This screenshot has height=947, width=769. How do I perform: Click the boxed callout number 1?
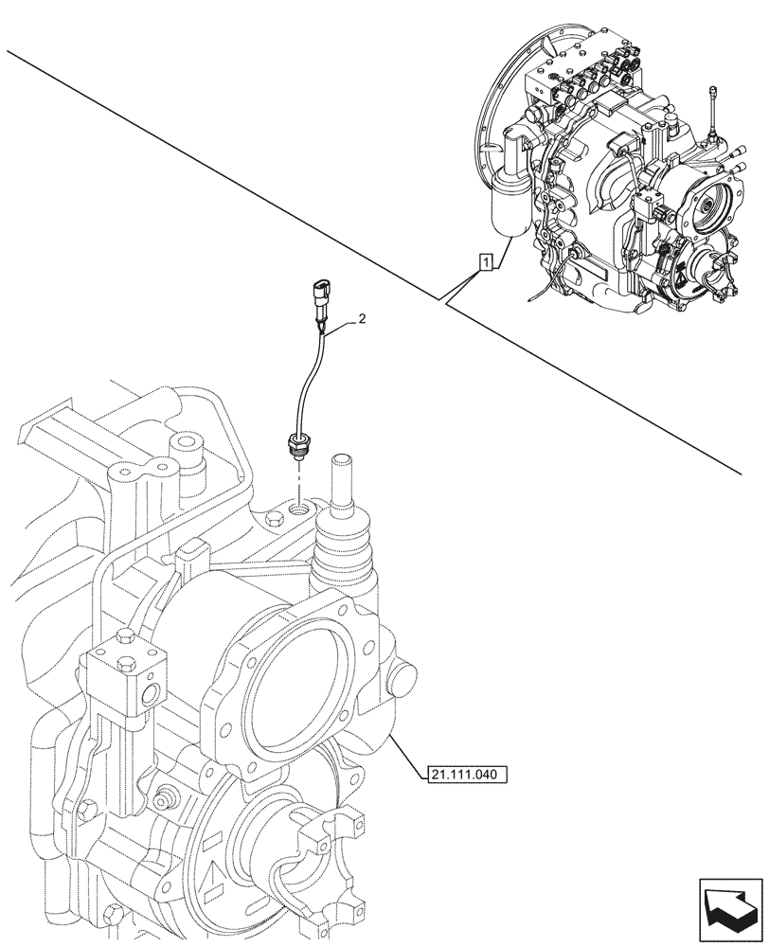pos(485,262)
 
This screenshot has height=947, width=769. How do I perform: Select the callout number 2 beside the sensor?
pos(360,322)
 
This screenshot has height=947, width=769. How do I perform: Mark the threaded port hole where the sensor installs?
pos(299,510)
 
